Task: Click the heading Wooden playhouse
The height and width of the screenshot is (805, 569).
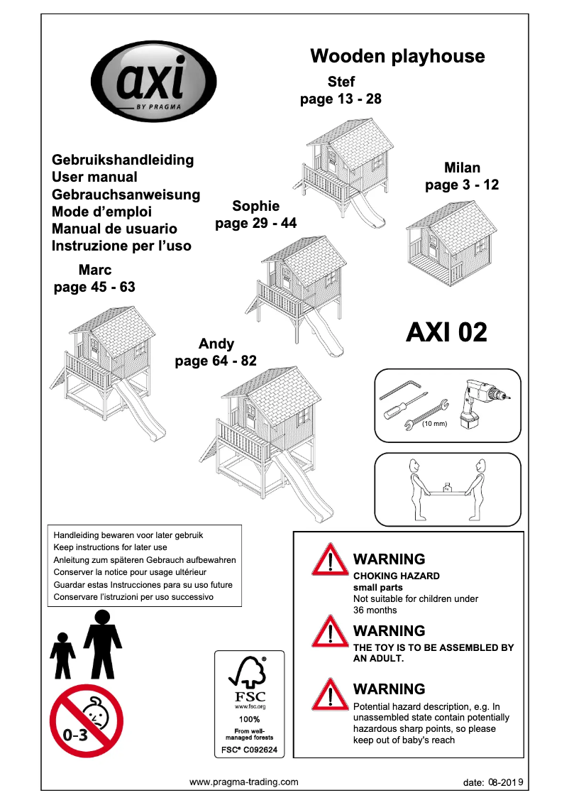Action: [x=397, y=56]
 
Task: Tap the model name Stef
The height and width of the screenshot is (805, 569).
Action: [x=341, y=82]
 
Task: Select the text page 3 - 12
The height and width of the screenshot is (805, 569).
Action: [x=462, y=185]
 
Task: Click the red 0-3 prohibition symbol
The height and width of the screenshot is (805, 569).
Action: [x=87, y=721]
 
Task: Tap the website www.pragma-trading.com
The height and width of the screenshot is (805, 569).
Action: [x=243, y=782]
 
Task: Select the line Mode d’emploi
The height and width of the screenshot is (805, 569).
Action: [x=101, y=212]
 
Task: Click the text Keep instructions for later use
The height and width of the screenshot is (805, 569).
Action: [x=111, y=547]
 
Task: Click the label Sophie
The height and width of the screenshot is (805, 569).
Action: [x=255, y=206]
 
